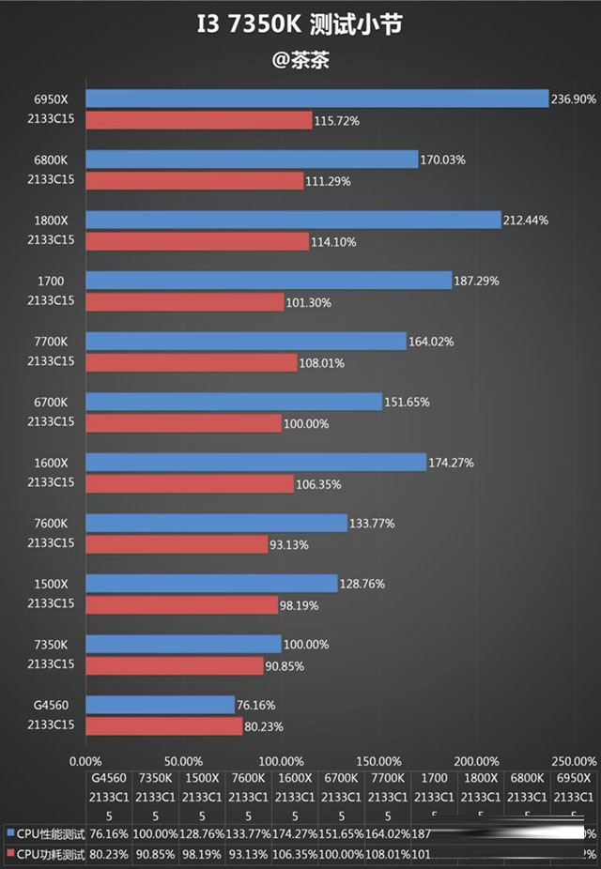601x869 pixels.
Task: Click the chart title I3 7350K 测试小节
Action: (x=300, y=23)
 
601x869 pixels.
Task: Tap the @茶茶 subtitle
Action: (x=300, y=60)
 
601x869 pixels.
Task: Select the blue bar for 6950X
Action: (x=316, y=99)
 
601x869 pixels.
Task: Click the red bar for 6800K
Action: (x=194, y=180)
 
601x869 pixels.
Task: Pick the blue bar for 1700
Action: (x=269, y=281)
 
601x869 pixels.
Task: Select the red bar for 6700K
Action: (x=183, y=423)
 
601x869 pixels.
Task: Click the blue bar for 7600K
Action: (x=216, y=523)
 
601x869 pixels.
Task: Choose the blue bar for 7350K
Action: (x=183, y=644)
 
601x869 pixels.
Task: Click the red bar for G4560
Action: (x=164, y=725)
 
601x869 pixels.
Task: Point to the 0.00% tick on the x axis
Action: (x=86, y=760)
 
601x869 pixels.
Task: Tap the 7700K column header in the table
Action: (x=387, y=778)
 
